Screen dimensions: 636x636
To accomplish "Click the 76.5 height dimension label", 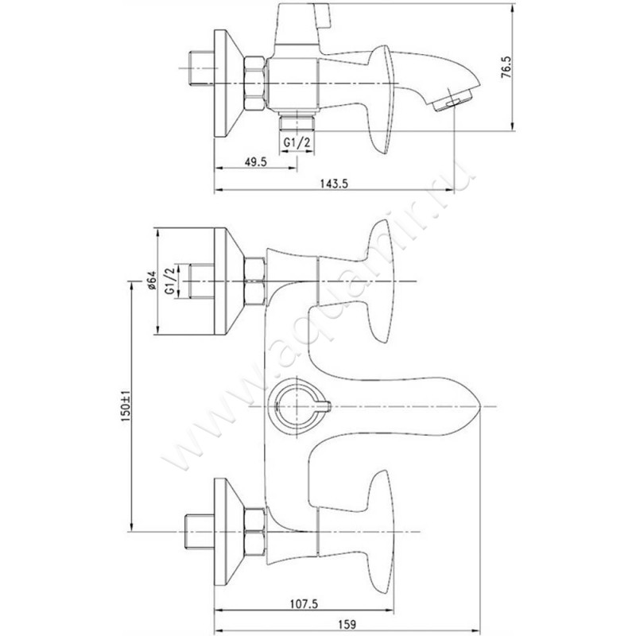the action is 506,67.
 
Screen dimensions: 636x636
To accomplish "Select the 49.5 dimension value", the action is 255,162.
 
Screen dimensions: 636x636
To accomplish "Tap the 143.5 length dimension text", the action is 334,184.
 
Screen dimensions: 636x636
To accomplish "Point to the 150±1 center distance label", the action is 126,406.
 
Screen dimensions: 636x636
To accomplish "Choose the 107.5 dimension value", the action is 304,604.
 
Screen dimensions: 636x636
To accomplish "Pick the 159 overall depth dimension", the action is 346,624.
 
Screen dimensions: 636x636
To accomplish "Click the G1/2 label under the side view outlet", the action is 297,142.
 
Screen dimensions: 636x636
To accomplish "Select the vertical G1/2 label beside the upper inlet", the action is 170,281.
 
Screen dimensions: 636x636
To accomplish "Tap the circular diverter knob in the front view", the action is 293,405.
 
